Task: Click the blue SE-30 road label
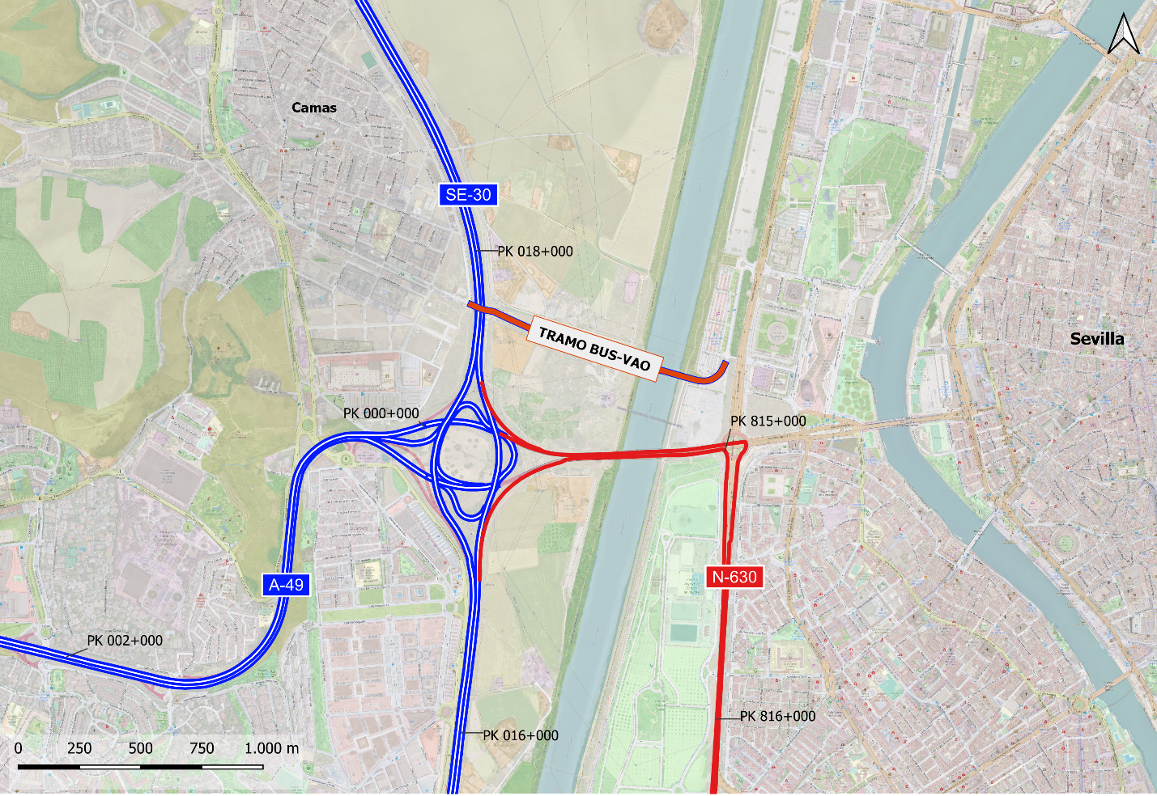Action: (468, 195)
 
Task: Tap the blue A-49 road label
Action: (286, 585)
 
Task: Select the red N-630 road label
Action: (734, 577)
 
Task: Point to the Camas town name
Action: (314, 108)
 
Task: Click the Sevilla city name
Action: (1097, 339)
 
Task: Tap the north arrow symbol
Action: (1124, 35)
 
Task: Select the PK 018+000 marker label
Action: (534, 252)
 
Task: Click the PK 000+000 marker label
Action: (381, 413)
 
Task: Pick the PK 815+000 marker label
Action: (768, 421)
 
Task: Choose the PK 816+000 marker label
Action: (777, 716)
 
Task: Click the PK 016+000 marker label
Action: (521, 735)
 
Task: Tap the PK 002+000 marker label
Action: (125, 641)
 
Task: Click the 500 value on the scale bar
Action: (140, 748)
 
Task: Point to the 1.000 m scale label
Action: (271, 748)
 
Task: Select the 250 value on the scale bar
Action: (79, 748)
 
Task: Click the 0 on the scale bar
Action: (19, 748)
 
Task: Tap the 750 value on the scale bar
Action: (202, 748)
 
